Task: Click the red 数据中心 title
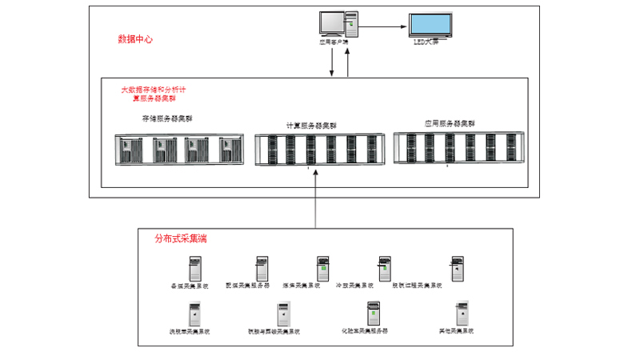(x=134, y=38)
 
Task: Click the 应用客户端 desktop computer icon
(x=334, y=22)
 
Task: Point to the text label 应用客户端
(x=333, y=42)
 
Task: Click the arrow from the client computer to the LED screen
(x=383, y=26)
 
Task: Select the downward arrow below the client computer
(x=332, y=64)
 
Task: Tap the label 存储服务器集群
(x=167, y=118)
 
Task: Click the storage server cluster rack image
(x=168, y=150)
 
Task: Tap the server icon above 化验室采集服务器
(x=371, y=313)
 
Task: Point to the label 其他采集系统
(x=458, y=330)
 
